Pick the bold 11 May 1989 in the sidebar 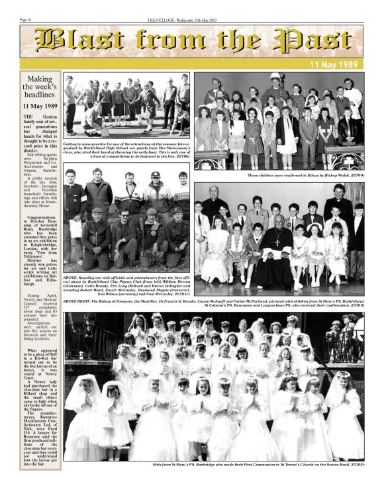click(x=40, y=106)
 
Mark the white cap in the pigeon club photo click(x=155, y=175)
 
